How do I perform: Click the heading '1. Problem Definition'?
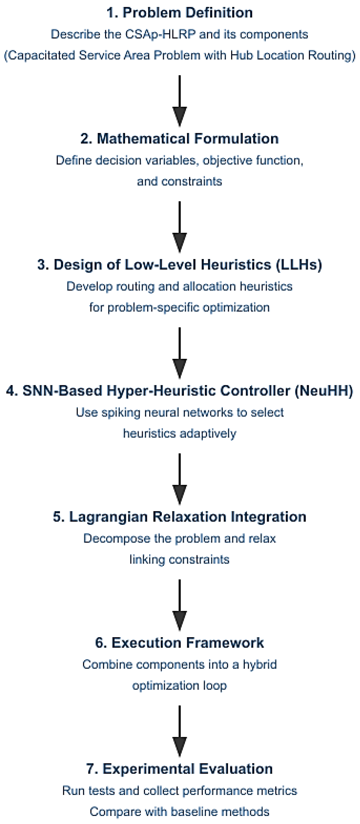(179, 13)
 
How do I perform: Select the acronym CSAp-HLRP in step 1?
(160, 34)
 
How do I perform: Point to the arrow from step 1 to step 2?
(179, 101)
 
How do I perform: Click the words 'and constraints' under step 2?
(179, 181)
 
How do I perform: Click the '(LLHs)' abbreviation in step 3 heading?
(299, 265)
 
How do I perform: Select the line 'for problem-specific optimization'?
(179, 307)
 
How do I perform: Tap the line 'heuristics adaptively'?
(179, 434)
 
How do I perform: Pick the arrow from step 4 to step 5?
(179, 479)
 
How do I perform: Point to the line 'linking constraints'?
(179, 560)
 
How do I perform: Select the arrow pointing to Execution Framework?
(179, 605)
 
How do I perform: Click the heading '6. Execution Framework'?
(179, 643)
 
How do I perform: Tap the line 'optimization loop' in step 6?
(179, 686)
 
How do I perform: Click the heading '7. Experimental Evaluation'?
(179, 769)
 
